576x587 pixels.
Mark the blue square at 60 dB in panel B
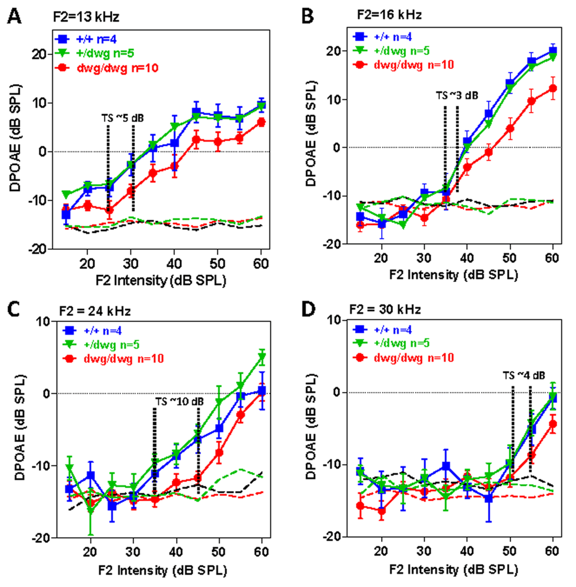(553, 51)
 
